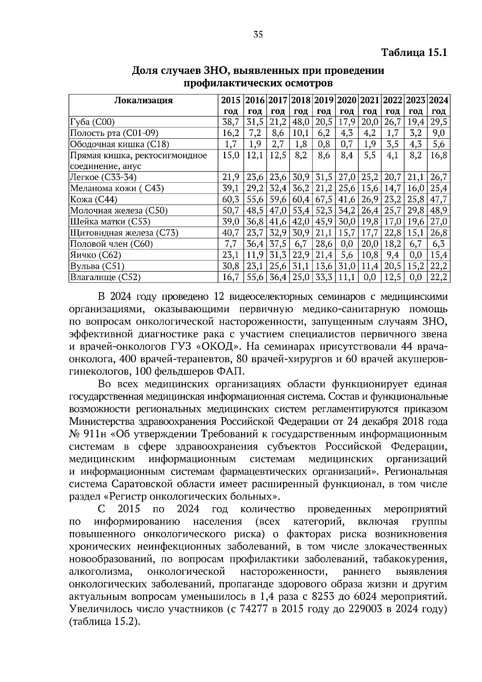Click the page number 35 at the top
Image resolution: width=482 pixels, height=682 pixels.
[258, 35]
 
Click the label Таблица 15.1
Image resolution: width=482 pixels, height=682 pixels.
[414, 53]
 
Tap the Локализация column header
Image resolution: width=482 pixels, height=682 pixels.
[143, 100]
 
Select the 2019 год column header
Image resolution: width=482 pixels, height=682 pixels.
[324, 105]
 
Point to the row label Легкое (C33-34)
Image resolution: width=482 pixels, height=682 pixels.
[103, 177]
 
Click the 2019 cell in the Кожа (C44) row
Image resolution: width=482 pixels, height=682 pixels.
[324, 199]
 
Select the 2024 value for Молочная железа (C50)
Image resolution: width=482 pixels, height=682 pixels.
[439, 211]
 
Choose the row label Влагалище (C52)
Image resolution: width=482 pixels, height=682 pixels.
[105, 277]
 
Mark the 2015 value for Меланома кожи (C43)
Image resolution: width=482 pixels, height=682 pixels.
[231, 188]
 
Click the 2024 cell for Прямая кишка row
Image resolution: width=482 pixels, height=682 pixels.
[439, 156]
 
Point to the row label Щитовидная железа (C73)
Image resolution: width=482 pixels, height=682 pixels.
[124, 233]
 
